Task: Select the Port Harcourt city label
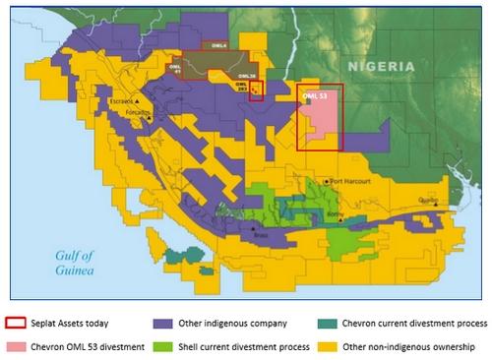point(351,181)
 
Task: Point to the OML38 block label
point(247,76)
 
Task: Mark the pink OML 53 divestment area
point(321,123)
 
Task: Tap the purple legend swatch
point(162,322)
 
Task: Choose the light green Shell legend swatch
point(162,345)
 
